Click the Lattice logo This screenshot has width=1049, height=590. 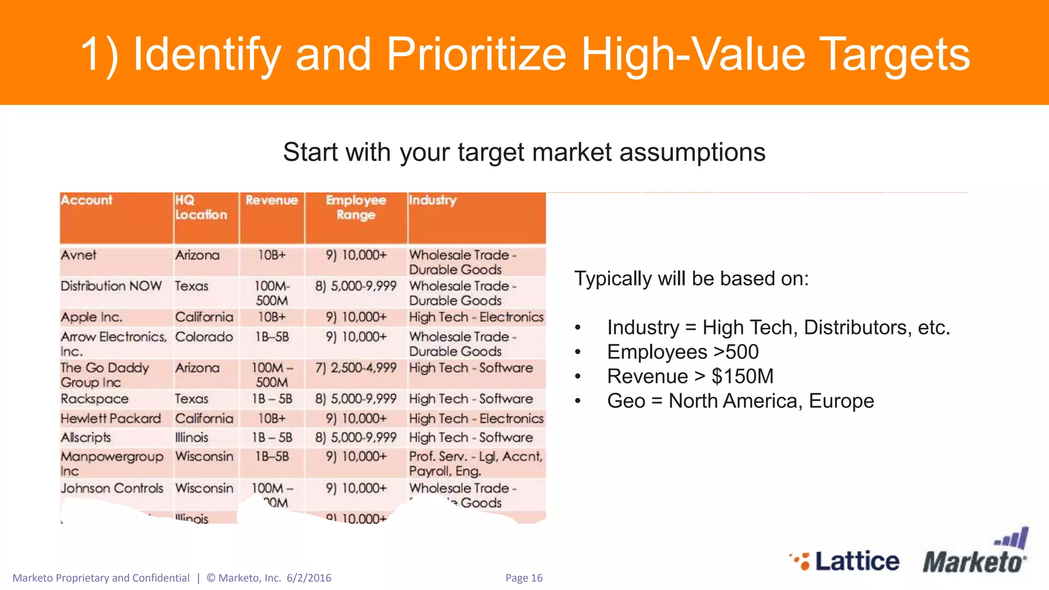pyautogui.click(x=845, y=561)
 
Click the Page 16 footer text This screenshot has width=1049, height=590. pyautogui.click(x=523, y=578)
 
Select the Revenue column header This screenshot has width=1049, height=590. pyautogui.click(x=271, y=200)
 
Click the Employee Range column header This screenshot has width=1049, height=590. pyautogui.click(x=355, y=207)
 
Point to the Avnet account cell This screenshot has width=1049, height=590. pyautogui.click(x=78, y=255)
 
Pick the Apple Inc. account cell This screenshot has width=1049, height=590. pyautogui.click(x=91, y=317)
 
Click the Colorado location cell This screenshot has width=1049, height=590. pyautogui.click(x=204, y=337)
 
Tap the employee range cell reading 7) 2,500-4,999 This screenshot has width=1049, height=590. pyautogui.click(x=355, y=368)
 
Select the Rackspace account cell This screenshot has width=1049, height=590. pyautogui.click(x=95, y=398)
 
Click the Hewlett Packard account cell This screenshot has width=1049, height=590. pyautogui.click(x=111, y=418)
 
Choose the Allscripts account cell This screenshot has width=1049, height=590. pyautogui.click(x=86, y=437)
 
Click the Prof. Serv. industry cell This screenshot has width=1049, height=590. pyautogui.click(x=475, y=463)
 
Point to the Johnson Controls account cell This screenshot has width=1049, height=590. pyautogui.click(x=112, y=488)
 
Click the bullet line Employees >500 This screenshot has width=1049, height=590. pyautogui.click(x=682, y=352)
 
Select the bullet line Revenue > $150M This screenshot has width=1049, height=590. pyautogui.click(x=690, y=376)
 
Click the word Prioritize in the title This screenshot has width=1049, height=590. pyautogui.click(x=476, y=54)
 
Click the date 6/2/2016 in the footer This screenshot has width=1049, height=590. pyautogui.click(x=309, y=578)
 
